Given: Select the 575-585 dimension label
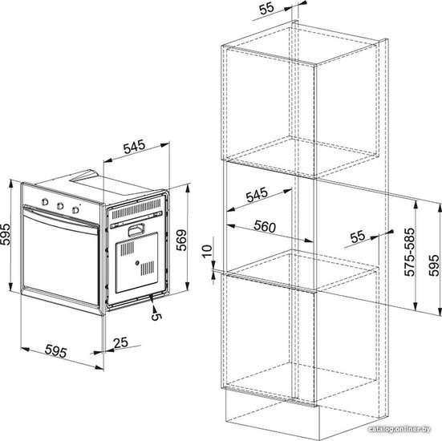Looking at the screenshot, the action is point(410,252).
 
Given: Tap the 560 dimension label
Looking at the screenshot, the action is point(265,226).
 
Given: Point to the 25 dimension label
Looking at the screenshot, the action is point(120,342).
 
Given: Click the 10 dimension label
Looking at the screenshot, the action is point(207,251).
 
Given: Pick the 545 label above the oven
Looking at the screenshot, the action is point(134,147).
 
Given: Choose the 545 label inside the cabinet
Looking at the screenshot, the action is point(257,195).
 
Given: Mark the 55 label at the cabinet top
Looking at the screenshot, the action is point(266,8).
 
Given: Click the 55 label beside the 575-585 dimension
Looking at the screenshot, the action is point(358,237).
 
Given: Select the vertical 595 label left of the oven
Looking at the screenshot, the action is point(5,234).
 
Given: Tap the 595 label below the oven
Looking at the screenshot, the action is point(56,351).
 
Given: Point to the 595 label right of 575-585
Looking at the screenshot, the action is point(434,265).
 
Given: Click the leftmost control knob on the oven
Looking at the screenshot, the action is point(45,202).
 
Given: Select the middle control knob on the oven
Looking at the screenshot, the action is point(60,206).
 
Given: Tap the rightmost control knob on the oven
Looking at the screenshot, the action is point(75,209).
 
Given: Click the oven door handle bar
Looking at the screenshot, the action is point(61,217).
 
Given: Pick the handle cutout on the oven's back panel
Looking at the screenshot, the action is point(136,229).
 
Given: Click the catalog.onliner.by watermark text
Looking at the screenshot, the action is point(399,429).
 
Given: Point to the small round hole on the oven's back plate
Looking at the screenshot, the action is point(137,263).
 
